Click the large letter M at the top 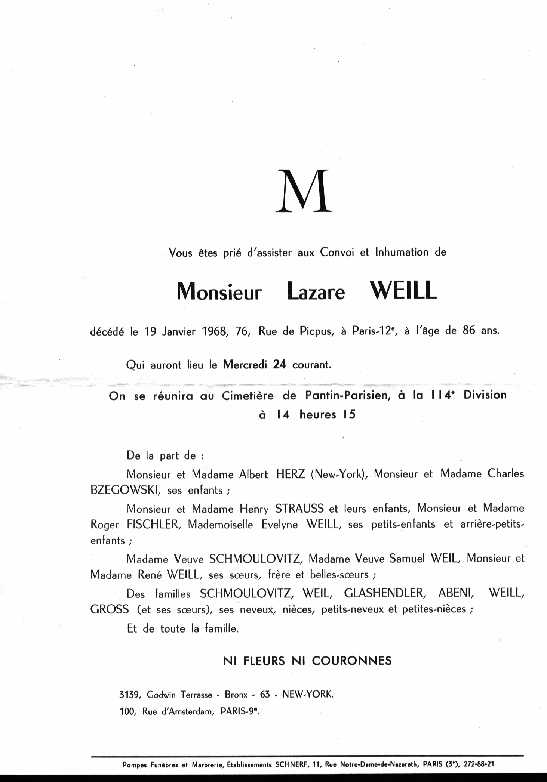(x=304, y=192)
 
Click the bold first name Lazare (x=316, y=292)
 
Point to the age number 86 (x=469, y=331)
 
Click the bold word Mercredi (x=245, y=364)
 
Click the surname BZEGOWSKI (x=125, y=490)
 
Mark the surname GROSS (x=110, y=609)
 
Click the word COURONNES (x=351, y=661)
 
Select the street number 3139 (x=129, y=695)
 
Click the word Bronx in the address (x=236, y=695)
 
